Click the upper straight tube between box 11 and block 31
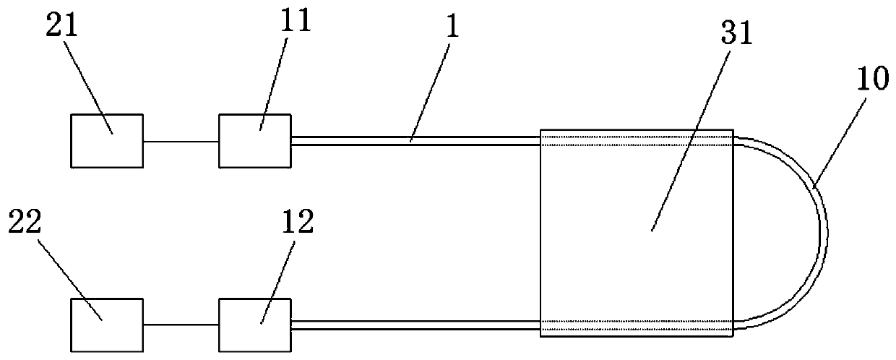(415, 141)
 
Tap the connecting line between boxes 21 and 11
(181, 142)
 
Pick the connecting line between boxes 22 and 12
(181, 325)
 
